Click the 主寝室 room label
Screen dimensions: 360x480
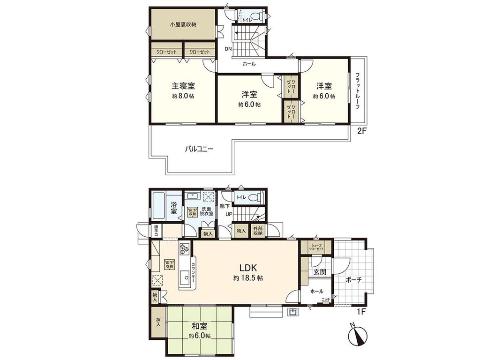click(183, 86)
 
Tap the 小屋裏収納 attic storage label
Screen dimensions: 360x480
click(183, 24)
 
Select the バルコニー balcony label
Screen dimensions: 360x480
click(199, 149)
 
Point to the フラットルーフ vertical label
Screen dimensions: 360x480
click(358, 90)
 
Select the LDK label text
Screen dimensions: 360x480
click(248, 268)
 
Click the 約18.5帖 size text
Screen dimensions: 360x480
click(248, 278)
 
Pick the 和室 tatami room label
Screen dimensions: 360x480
click(199, 326)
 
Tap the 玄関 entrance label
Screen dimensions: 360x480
click(320, 272)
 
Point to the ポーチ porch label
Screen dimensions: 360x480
click(353, 280)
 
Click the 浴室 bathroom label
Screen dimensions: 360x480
click(173, 206)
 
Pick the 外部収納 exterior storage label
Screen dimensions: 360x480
click(258, 231)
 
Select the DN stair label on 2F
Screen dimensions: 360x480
click(228, 49)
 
